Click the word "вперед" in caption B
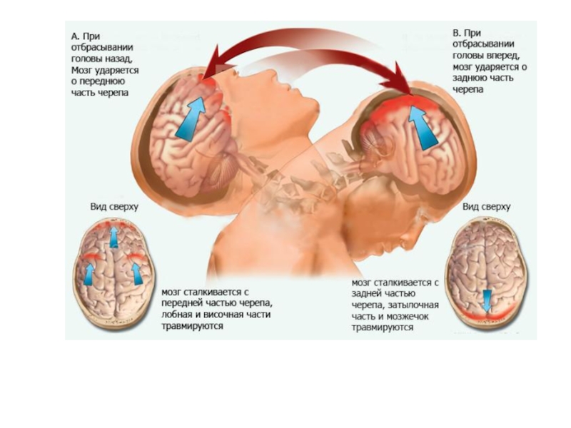[x=500, y=55]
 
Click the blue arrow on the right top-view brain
[x=487, y=300]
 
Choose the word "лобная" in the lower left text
[x=177, y=315]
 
